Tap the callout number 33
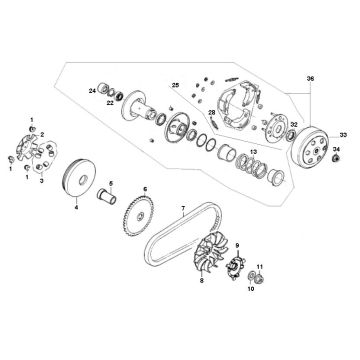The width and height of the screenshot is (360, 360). tap(342, 133)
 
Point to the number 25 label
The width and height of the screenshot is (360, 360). tap(177, 86)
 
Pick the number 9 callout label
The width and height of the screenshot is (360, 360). tap(237, 244)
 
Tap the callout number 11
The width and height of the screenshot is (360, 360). tap(259, 267)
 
